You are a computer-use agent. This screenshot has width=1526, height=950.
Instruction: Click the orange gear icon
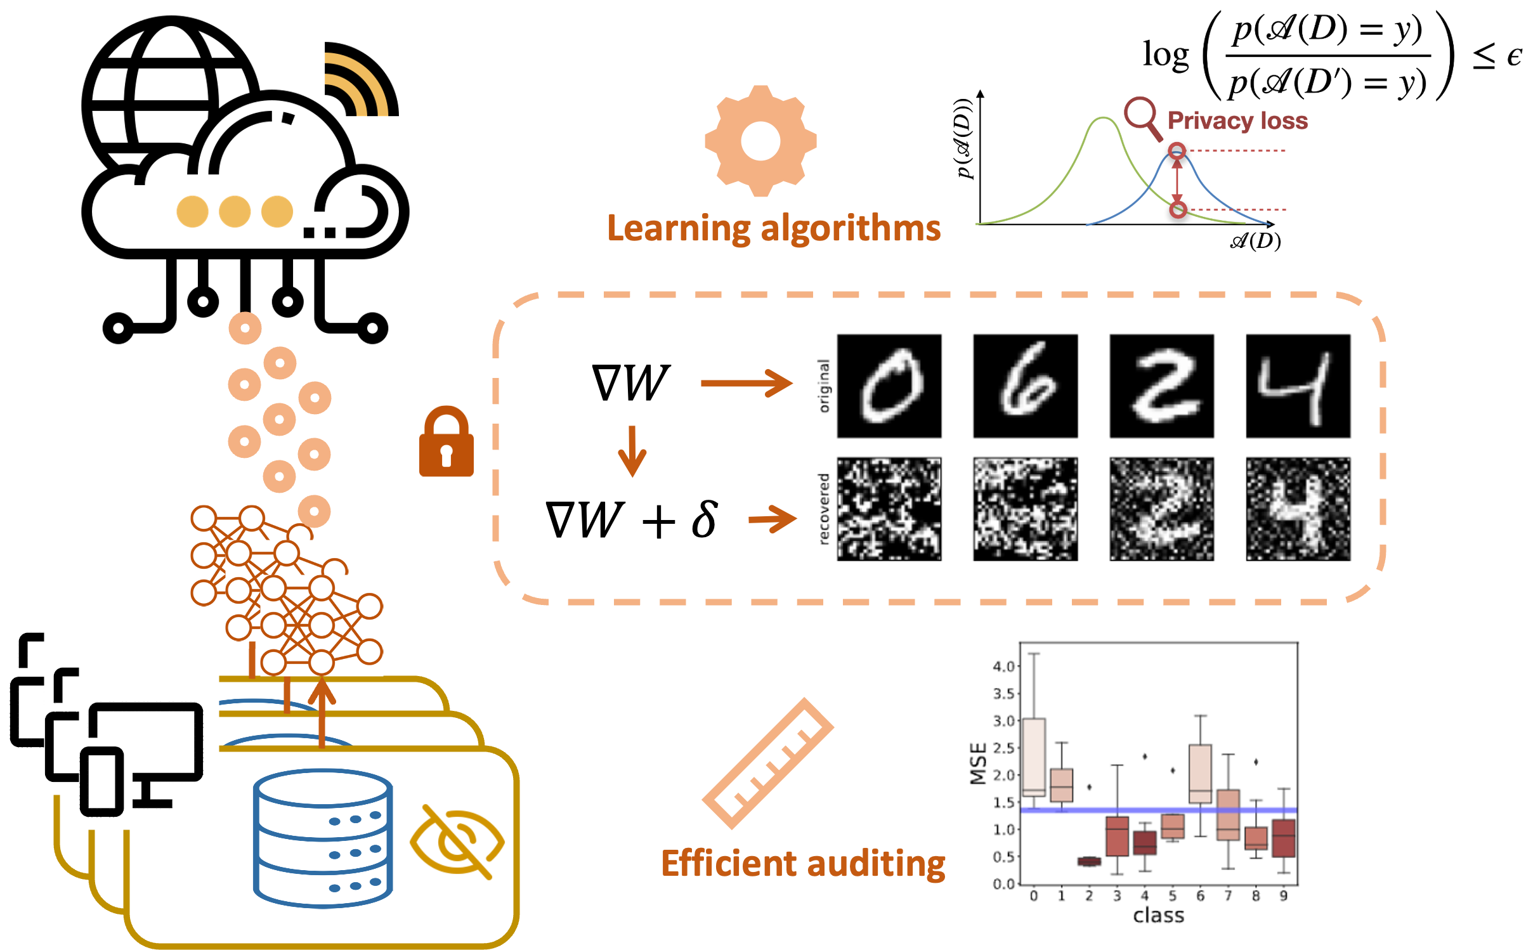(760, 141)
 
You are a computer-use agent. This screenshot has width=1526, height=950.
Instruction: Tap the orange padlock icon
(446, 443)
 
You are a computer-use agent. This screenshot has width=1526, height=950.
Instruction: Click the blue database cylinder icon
(322, 837)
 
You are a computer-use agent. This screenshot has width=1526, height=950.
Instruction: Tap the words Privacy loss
(1237, 120)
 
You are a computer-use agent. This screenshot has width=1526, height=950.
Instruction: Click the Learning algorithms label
(774, 228)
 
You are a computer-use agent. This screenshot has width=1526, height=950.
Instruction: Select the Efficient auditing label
(803, 864)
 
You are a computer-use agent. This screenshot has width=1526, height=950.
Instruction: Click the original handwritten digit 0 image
(889, 386)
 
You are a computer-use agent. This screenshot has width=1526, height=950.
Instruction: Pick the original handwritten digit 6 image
(1026, 386)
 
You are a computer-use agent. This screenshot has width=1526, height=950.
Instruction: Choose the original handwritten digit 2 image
(1161, 386)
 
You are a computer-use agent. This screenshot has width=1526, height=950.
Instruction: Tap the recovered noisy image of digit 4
(1298, 509)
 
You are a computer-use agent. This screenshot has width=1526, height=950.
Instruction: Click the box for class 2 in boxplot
(1089, 861)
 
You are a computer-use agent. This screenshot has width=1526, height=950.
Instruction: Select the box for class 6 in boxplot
(1200, 774)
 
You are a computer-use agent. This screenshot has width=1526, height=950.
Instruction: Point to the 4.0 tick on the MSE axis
(1004, 667)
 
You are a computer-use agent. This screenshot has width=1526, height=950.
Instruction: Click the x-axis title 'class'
(1158, 915)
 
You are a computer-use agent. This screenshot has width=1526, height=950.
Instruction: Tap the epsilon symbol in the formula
(1513, 57)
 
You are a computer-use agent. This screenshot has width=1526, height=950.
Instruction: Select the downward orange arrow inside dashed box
(632, 452)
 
